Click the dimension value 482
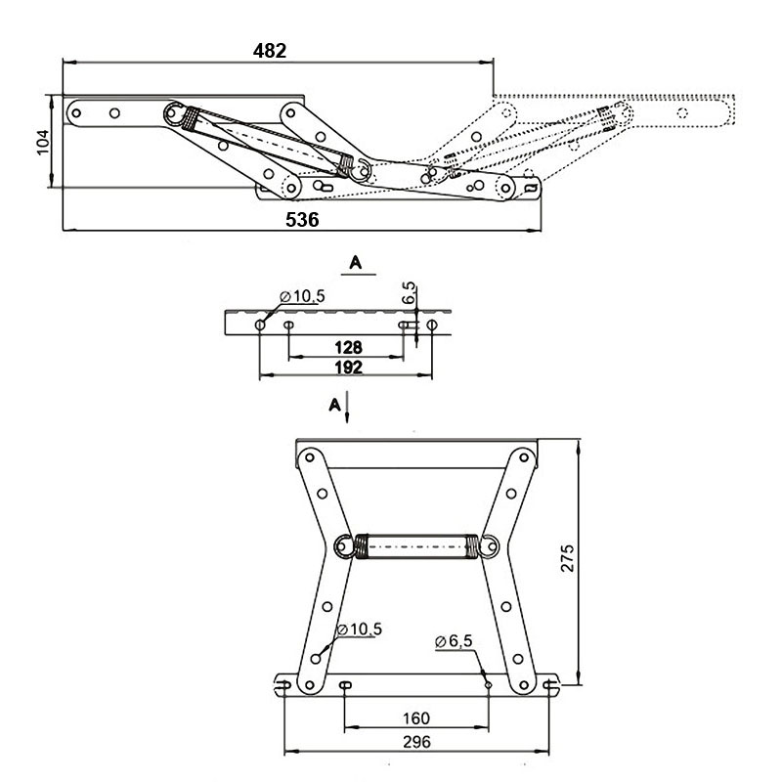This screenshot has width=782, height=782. pyautogui.click(x=270, y=51)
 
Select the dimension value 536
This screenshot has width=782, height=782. pyautogui.click(x=302, y=219)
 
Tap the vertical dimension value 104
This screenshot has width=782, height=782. pyautogui.click(x=43, y=142)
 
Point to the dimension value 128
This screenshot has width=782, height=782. pyautogui.click(x=348, y=347)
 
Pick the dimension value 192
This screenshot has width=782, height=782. pyautogui.click(x=348, y=368)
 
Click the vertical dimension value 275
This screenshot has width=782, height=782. pyautogui.click(x=568, y=558)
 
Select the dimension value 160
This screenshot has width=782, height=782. pyautogui.click(x=416, y=718)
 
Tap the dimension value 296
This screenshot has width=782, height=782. pyautogui.click(x=416, y=742)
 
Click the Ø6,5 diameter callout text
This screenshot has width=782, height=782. pyautogui.click(x=454, y=641)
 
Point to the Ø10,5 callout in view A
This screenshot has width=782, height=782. pyautogui.click(x=303, y=296)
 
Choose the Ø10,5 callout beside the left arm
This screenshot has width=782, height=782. pyautogui.click(x=360, y=630)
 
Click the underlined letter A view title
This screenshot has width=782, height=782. pyautogui.click(x=356, y=262)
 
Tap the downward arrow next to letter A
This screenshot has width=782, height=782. pyautogui.click(x=347, y=408)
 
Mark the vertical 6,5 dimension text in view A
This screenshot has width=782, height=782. pyautogui.click(x=409, y=292)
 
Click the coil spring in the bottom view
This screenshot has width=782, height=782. pyautogui.click(x=416, y=546)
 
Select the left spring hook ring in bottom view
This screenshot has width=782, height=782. pyautogui.click(x=344, y=546)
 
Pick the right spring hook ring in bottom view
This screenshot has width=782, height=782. pyautogui.click(x=489, y=546)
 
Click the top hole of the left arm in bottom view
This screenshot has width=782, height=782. pyautogui.click(x=309, y=457)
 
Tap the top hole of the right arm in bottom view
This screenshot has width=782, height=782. pyautogui.click(x=524, y=456)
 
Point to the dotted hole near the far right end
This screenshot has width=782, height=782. pyautogui.click(x=682, y=113)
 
